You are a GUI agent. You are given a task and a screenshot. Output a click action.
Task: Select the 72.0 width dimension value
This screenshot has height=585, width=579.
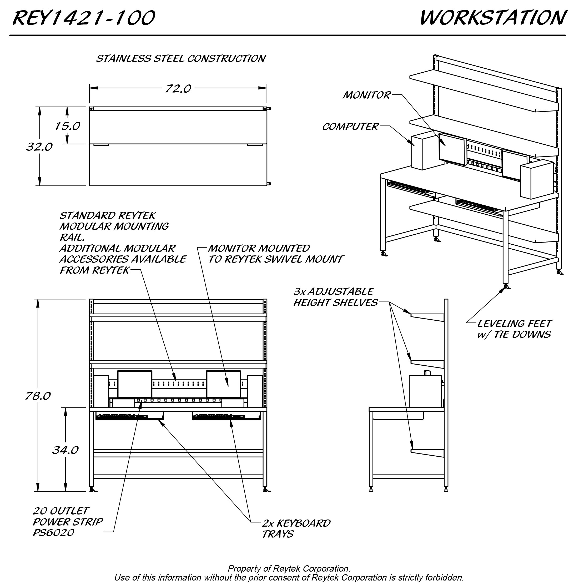tap(178, 89)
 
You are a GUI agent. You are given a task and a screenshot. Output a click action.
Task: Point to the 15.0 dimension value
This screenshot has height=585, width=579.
tap(67, 126)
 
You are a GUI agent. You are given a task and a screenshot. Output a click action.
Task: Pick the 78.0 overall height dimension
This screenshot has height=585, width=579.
tap(38, 396)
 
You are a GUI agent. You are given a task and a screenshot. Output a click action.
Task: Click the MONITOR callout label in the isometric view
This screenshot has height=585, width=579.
tap(366, 95)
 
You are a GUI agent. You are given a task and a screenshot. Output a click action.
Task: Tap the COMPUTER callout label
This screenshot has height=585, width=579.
tap(350, 127)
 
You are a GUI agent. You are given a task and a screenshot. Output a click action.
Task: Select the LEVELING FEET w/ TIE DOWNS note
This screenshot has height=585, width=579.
tap(514, 329)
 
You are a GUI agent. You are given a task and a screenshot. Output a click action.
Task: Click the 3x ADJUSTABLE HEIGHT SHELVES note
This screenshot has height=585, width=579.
tap(335, 297)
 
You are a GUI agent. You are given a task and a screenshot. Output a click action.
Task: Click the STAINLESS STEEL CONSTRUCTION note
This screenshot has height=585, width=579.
tap(181, 58)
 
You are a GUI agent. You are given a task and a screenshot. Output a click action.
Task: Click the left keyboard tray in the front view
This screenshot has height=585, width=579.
tap(130, 416)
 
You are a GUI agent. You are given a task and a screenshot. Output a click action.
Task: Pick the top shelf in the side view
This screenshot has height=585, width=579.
tap(427, 317)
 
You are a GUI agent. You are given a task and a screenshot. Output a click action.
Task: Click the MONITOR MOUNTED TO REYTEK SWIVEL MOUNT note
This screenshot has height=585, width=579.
tap(275, 254)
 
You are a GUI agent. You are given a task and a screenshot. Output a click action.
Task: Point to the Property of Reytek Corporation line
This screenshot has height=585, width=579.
tap(289, 569)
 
